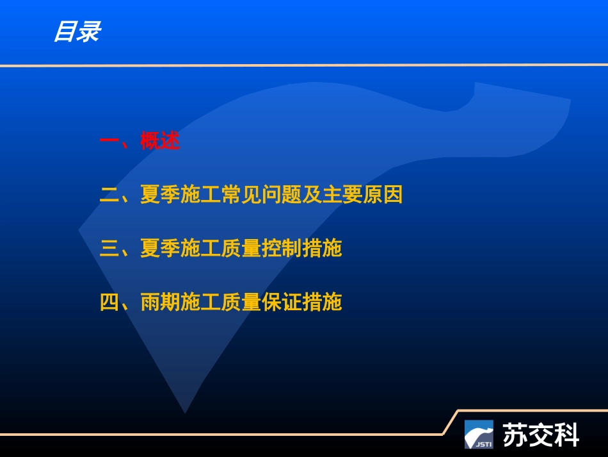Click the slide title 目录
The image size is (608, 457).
[x=76, y=31]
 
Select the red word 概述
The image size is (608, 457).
[x=160, y=141]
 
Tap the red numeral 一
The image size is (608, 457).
[x=109, y=141]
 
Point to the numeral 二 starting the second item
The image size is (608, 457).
[x=109, y=195]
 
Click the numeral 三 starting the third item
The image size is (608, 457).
[x=109, y=248]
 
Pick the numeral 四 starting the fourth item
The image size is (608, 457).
[x=109, y=302]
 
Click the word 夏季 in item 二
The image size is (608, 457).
[x=160, y=195]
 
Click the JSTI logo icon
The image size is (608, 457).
[x=479, y=434]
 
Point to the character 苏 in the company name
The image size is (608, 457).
[x=516, y=435]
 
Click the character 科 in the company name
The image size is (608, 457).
[x=567, y=435]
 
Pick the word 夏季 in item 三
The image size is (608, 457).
[x=160, y=248]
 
